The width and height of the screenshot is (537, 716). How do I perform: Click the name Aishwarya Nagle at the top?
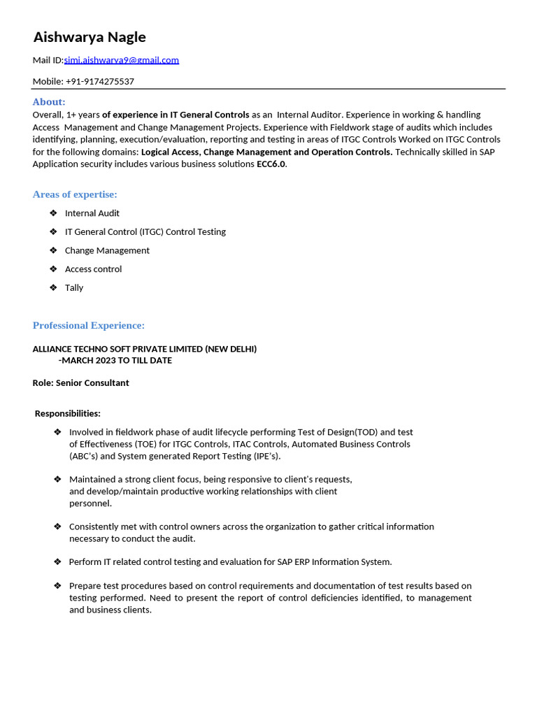[89, 37]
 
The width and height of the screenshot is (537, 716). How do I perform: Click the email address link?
[122, 60]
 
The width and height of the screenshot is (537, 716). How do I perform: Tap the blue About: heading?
[49, 102]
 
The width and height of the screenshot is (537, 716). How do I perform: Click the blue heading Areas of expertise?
[75, 194]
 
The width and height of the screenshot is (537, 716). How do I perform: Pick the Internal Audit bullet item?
[92, 213]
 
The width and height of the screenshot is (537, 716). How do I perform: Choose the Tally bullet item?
[74, 288]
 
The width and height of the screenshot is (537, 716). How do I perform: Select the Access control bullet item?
[93, 269]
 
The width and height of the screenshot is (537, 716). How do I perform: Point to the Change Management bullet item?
[107, 250]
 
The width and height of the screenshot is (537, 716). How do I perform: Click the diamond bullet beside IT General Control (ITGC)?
[54, 231]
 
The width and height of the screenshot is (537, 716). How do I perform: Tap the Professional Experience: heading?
[89, 326]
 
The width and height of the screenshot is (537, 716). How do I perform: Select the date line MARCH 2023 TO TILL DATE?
[116, 361]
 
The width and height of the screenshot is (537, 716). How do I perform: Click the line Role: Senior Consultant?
[81, 383]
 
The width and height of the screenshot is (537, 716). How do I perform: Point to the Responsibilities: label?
[68, 414]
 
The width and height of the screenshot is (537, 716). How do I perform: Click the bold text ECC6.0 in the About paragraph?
[271, 164]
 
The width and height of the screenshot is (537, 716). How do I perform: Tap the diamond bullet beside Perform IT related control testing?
[57, 561]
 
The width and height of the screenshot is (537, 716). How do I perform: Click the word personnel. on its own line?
[90, 503]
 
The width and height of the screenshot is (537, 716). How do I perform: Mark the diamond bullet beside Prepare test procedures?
[57, 585]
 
